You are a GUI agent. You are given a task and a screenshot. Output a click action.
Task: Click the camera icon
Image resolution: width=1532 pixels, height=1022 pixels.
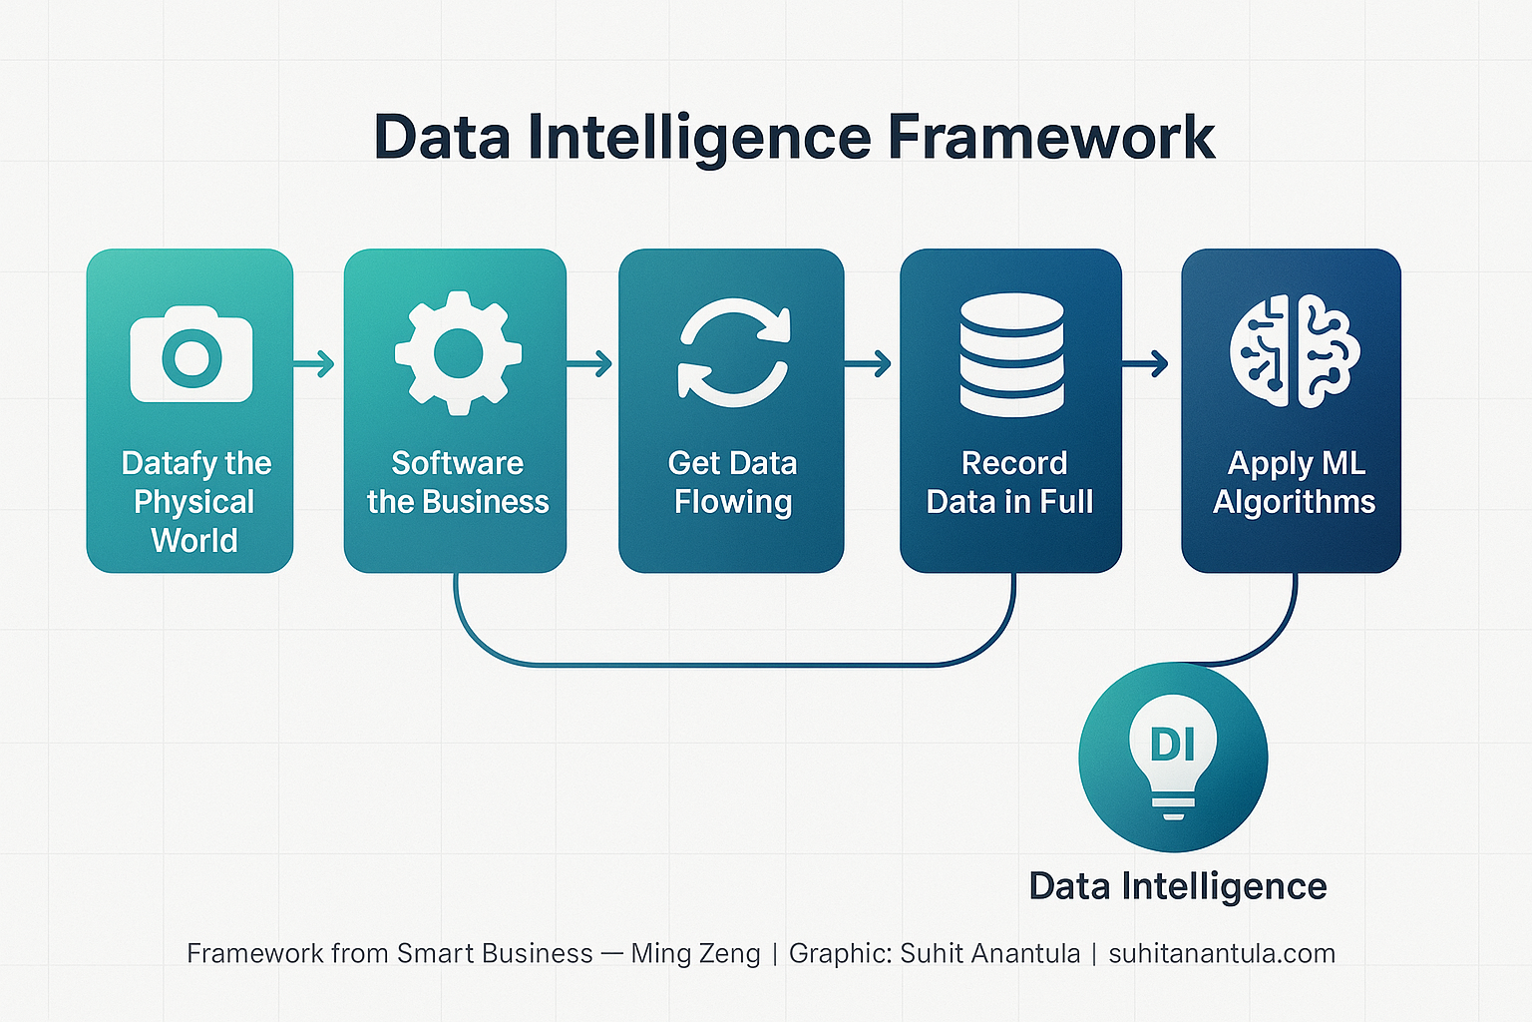[x=191, y=355]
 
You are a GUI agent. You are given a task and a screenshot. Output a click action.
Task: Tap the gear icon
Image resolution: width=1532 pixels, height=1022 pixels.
[x=458, y=353]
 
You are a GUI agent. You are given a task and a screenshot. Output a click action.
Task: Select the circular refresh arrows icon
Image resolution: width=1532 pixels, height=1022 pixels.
[x=734, y=353]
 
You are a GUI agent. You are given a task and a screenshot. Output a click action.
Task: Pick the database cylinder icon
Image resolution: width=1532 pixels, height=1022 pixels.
[x=1011, y=354]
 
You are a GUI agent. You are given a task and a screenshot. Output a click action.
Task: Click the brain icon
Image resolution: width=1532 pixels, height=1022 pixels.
[x=1295, y=351]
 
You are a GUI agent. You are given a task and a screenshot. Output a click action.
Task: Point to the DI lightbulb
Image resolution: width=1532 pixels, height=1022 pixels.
[x=1173, y=756]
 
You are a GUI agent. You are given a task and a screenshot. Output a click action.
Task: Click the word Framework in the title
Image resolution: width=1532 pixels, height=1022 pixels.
[x=1051, y=137]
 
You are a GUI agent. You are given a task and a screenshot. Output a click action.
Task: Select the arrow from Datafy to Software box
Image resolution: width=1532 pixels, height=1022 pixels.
[x=316, y=364]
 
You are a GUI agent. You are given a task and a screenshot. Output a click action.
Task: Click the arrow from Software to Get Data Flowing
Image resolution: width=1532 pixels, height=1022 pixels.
[x=590, y=364]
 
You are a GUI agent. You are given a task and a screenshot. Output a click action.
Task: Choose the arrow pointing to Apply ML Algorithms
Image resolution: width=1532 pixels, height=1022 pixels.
[x=1147, y=364]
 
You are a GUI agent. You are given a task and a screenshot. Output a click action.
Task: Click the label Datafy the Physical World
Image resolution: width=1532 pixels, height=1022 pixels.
[x=194, y=502]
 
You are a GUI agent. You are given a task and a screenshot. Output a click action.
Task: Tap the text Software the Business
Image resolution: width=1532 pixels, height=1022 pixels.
[x=458, y=482]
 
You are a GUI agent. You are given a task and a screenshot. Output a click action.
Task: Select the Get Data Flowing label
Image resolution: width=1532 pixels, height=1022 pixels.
[x=733, y=482]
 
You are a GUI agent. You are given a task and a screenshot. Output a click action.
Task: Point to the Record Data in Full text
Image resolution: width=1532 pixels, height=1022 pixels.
[x=1010, y=482]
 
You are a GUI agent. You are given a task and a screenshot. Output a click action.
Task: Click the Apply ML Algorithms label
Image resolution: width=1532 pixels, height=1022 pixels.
[x=1295, y=482]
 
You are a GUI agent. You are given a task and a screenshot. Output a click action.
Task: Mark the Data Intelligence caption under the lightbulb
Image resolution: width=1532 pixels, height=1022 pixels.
[x=1177, y=886]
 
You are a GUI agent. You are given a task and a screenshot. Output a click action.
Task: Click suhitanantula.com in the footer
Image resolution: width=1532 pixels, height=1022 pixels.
[x=1222, y=954]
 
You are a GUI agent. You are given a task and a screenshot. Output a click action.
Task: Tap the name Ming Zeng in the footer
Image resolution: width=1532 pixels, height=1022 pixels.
[x=695, y=954]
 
